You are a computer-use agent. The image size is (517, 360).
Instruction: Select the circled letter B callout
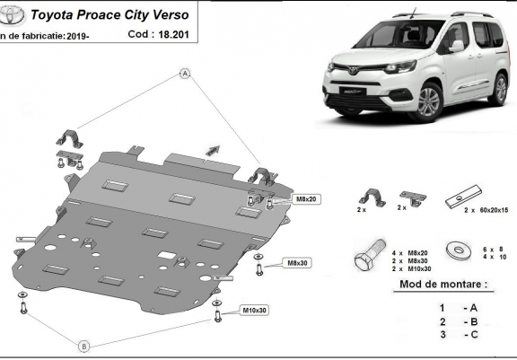tap(83, 346)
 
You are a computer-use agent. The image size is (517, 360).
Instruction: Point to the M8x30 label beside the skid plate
tap(296, 263)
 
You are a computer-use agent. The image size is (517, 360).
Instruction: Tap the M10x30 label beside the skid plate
tap(254, 311)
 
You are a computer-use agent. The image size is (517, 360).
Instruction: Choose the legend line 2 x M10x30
tap(413, 268)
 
